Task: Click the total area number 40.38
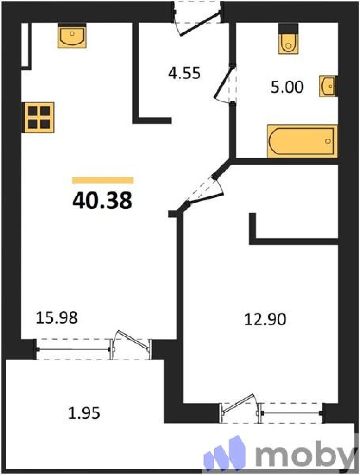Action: pyautogui.click(x=102, y=201)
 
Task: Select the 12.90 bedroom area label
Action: pyautogui.click(x=265, y=319)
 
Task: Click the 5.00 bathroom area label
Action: pyautogui.click(x=287, y=87)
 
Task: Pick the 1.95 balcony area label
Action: pyautogui.click(x=84, y=413)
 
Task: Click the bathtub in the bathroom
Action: pyautogui.click(x=302, y=141)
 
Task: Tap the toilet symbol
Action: pyautogui.click(x=288, y=43)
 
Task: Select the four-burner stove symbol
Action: pyautogui.click(x=39, y=118)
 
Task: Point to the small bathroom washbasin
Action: pyautogui.click(x=327, y=86)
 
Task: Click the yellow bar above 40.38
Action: pyautogui.click(x=103, y=180)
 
